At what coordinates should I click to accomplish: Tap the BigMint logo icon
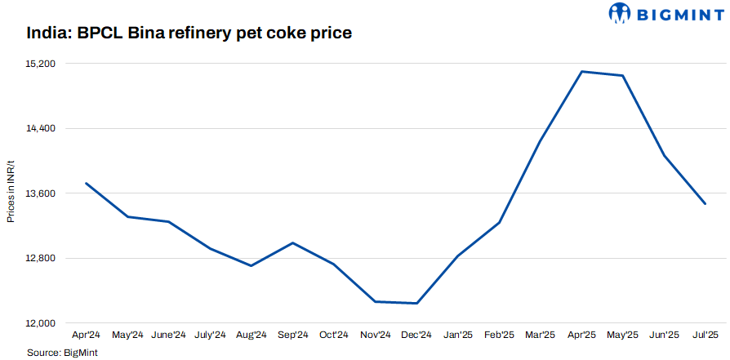pos(621,13)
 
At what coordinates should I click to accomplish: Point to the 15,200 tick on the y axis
pos(40,64)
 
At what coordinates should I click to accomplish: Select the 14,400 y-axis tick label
pos(40,129)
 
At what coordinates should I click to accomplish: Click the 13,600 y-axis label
pos(40,193)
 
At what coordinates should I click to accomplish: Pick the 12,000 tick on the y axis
pos(40,323)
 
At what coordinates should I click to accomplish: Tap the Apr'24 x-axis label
pos(87,335)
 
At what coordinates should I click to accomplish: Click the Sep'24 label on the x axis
pos(292,335)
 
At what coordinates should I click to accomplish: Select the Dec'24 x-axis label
pos(416,335)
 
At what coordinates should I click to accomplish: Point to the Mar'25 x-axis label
pos(540,335)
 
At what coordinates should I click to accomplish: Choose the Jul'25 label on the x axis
pos(705,335)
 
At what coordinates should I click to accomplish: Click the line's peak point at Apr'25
pos(581,72)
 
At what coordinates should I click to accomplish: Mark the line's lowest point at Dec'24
pos(416,304)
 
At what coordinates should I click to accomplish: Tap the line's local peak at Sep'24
pos(292,242)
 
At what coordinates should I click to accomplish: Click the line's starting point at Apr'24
pos(87,183)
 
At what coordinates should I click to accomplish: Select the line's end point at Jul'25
pos(705,203)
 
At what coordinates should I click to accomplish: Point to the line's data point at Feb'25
pos(499,222)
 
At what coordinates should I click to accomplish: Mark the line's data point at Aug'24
pos(251,265)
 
